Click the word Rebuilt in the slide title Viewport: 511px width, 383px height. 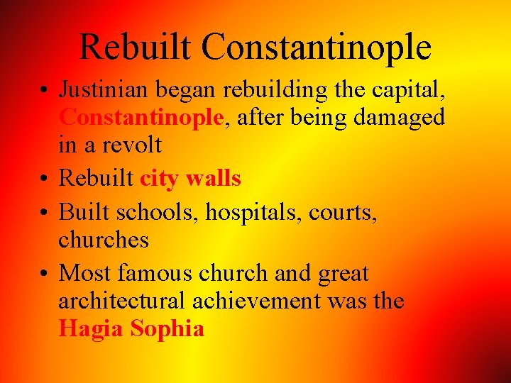[136, 48]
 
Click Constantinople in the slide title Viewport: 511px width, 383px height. [316, 48]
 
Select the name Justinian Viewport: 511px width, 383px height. [104, 90]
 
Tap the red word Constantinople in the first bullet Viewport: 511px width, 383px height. [141, 118]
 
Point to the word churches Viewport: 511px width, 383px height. [104, 240]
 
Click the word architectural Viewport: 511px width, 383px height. [124, 301]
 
